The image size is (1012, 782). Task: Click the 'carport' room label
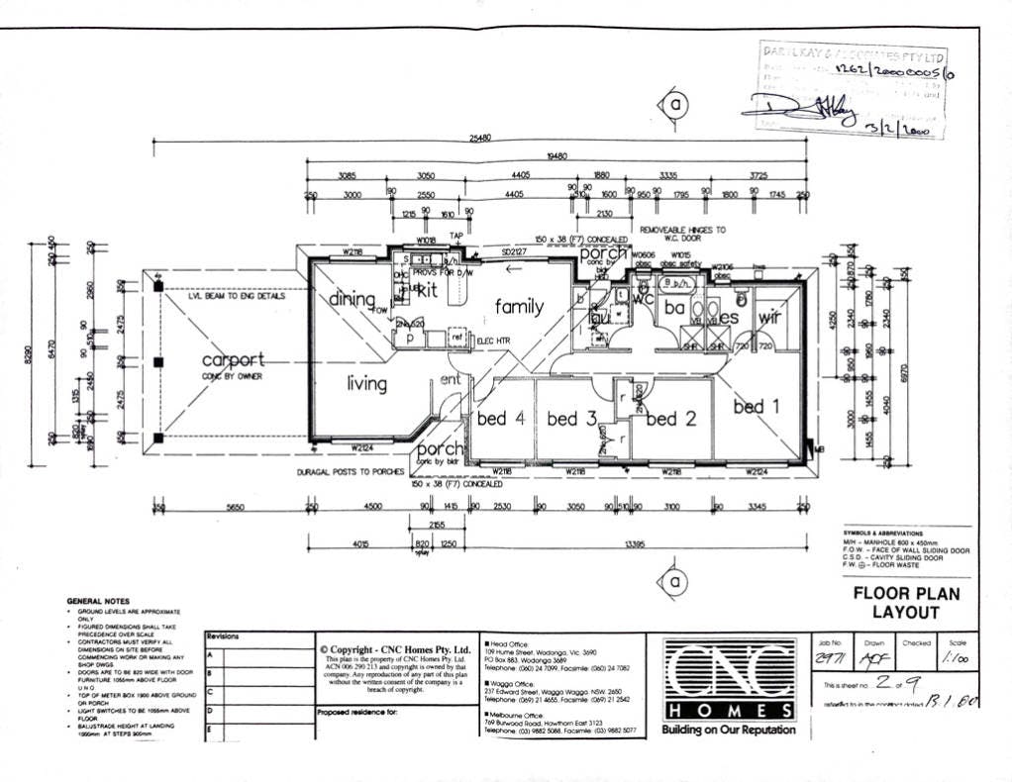tap(233, 359)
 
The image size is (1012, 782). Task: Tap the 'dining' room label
tap(352, 298)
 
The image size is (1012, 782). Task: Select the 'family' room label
tap(519, 307)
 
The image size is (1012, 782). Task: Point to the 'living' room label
tap(366, 383)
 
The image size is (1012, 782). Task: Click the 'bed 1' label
tap(756, 406)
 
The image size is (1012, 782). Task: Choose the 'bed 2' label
tap(670, 419)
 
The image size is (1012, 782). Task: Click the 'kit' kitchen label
tap(427, 291)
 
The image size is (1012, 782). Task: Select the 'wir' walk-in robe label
tap(769, 317)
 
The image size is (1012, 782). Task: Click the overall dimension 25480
tap(480, 139)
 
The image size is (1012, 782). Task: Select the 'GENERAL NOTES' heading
tap(98, 601)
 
